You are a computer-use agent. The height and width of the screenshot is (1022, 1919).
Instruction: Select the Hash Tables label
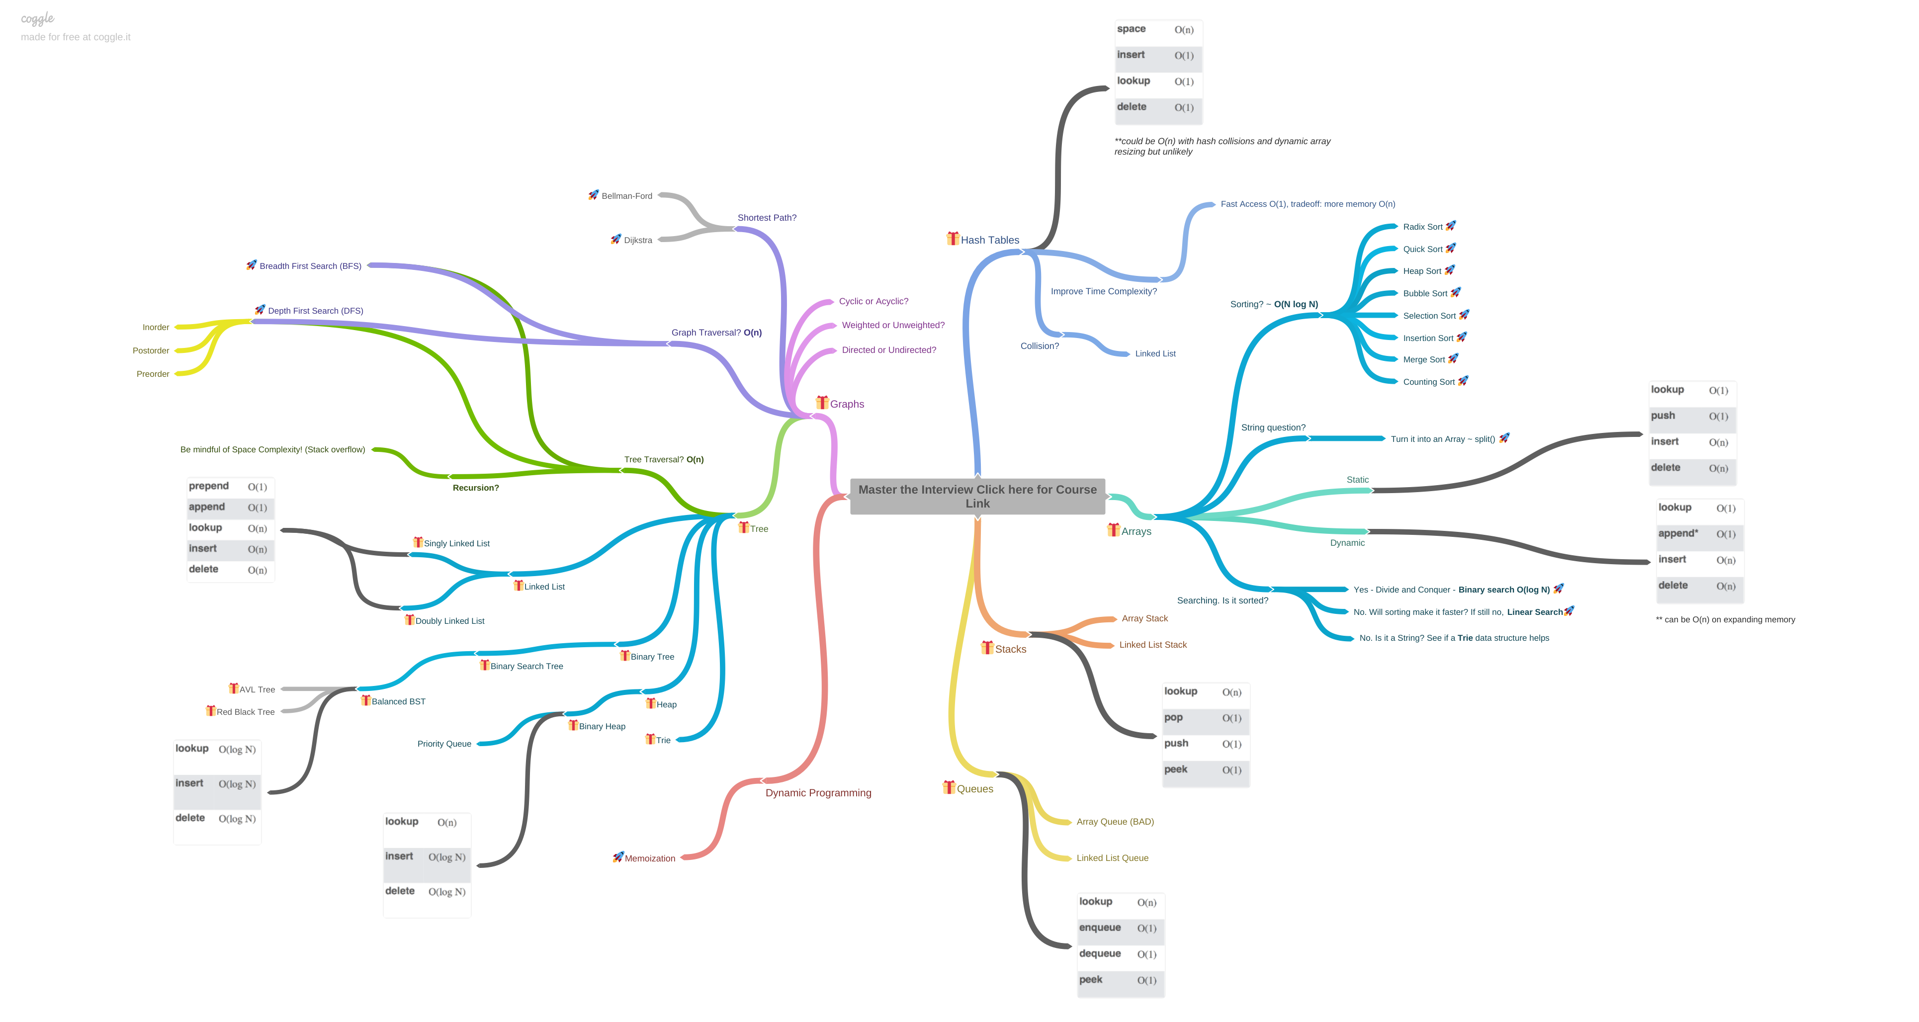pyautogui.click(x=989, y=240)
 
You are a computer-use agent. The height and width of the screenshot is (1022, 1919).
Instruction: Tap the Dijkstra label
pyautogui.click(x=638, y=241)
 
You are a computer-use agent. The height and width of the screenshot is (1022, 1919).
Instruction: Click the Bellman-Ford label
pyautogui.click(x=626, y=196)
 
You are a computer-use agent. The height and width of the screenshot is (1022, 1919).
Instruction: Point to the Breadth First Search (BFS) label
pyautogui.click(x=310, y=266)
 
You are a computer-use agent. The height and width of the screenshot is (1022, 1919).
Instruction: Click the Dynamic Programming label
pyautogui.click(x=818, y=792)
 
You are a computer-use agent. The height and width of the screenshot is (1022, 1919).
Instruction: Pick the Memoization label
pyautogui.click(x=650, y=858)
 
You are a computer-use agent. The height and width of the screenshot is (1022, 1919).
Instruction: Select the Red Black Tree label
pyautogui.click(x=245, y=712)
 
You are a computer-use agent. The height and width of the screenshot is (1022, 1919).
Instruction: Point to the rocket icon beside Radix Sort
pyautogui.click(x=1450, y=226)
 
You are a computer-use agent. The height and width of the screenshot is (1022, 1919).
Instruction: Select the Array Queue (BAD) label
pyautogui.click(x=1115, y=822)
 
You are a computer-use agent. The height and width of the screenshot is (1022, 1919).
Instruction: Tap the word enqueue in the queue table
pyautogui.click(x=1100, y=928)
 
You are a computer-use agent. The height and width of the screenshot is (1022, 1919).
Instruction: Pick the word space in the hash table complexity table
pyautogui.click(x=1131, y=29)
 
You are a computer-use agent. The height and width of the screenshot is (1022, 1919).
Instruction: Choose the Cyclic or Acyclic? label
pyautogui.click(x=873, y=301)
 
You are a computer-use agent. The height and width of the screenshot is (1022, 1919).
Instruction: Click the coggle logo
pyautogui.click(x=37, y=18)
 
